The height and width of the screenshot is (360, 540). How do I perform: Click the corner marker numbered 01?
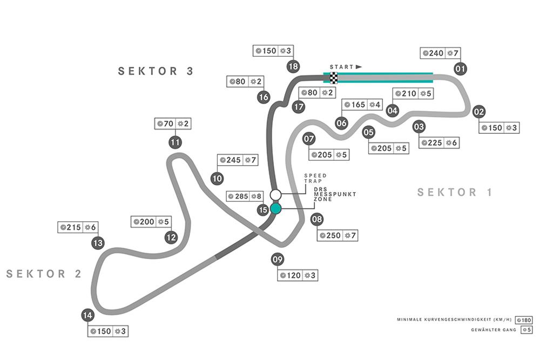pos(461,69)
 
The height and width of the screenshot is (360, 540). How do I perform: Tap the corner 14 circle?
pos(87,315)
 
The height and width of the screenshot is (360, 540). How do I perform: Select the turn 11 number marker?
pos(174,142)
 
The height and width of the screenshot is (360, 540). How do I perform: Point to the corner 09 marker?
pos(278,260)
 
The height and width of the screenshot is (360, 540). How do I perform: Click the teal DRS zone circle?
pos(276,208)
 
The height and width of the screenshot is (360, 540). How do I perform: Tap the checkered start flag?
pos(334,77)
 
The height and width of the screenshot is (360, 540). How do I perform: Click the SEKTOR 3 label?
pos(156,71)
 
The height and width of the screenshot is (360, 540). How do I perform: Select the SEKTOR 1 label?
pos(455,192)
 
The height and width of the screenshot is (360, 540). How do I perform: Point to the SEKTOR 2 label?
pos(44,274)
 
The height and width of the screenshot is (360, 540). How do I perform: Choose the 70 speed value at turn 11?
pos(168,124)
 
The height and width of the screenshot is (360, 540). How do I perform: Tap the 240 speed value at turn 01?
pos(436,53)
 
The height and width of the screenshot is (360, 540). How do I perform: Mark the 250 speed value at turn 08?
pos(334,235)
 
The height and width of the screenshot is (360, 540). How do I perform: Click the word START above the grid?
pos(341,67)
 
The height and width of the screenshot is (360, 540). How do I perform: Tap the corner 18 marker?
pos(293,66)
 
